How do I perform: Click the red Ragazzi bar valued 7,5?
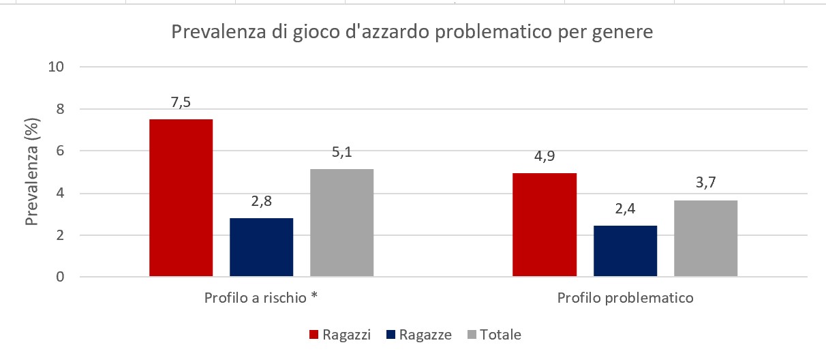(181, 198)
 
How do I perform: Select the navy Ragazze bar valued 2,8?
(261, 247)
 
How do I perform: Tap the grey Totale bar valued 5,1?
(341, 223)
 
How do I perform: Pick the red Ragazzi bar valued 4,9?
(545, 225)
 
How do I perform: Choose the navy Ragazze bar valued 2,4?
(625, 251)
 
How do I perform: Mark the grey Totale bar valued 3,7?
(705, 239)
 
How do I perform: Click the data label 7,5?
(181, 103)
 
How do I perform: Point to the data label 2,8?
(261, 202)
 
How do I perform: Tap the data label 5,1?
(341, 153)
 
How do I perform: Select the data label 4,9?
(545, 157)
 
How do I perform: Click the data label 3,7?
(705, 184)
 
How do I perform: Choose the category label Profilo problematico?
(625, 299)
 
